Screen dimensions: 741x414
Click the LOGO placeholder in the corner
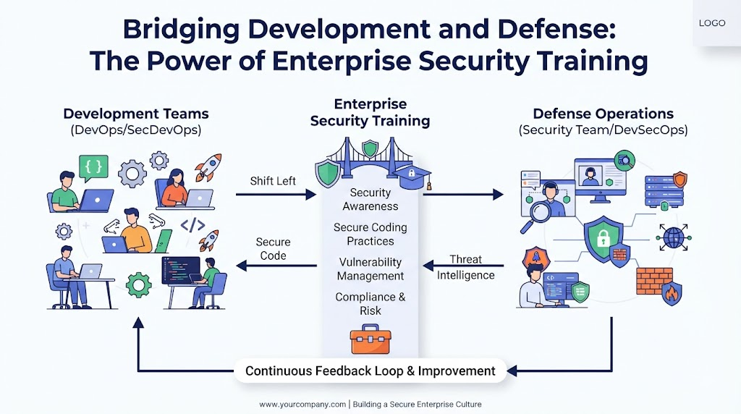[x=712, y=22]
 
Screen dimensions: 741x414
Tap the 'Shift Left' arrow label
[x=273, y=181]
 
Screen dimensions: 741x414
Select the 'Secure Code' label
[x=273, y=248]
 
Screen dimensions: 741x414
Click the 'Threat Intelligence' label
[x=465, y=267]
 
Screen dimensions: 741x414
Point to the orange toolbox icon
[x=370, y=339]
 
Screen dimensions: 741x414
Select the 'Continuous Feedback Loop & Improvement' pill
[x=370, y=371]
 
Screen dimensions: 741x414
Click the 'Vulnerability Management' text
[x=370, y=269]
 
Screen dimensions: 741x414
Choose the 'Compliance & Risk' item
[x=370, y=304]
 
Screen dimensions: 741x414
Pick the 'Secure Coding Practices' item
[x=370, y=234]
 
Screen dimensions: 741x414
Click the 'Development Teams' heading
[x=136, y=114]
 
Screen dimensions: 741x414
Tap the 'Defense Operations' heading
[x=603, y=114]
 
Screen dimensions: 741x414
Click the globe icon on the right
[x=674, y=237]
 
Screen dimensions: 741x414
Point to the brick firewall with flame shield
[x=659, y=285]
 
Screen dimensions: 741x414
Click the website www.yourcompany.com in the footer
[x=302, y=405]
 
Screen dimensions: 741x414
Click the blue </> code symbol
[x=192, y=225]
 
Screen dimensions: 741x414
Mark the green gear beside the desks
[x=138, y=284]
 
